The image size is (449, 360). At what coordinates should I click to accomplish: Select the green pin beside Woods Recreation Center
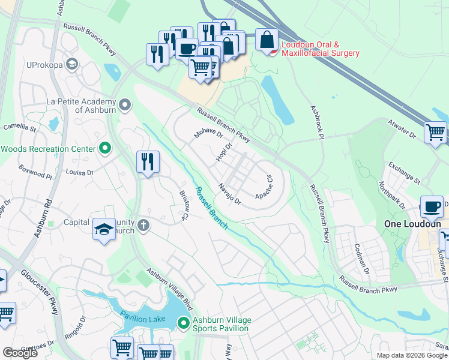[x=105, y=148]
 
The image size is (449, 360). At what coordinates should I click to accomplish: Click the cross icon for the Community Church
[x=143, y=225]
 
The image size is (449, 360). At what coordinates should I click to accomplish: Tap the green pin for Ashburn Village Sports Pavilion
[x=184, y=324]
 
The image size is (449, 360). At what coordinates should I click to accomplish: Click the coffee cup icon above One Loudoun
[x=432, y=207]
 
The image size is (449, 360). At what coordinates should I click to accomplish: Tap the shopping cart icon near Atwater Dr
[x=436, y=131]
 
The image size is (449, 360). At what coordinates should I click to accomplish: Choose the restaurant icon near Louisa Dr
[x=147, y=161]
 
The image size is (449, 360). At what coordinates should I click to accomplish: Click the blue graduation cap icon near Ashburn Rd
[x=104, y=229]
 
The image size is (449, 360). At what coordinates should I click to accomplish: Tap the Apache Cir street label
[x=265, y=187]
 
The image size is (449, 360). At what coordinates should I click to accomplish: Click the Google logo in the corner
[x=20, y=352]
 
